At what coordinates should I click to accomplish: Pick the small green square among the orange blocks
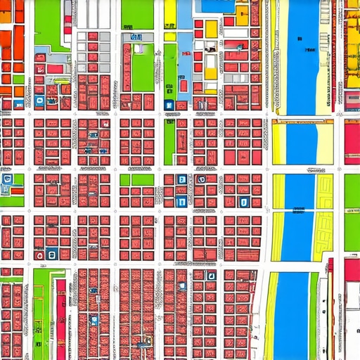coord(18,79)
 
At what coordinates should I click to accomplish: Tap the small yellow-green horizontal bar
coord(61,81)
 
